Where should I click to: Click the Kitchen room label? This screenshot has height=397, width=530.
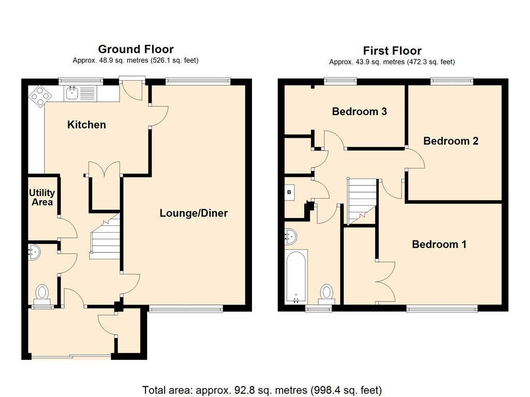coord(86,125)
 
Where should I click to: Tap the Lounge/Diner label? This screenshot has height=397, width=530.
coord(194,213)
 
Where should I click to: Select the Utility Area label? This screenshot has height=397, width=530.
coord(42,197)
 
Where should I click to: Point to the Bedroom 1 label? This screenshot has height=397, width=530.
coord(439,244)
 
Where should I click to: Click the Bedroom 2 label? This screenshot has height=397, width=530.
coord(451,141)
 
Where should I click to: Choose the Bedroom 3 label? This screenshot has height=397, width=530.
coord(359,112)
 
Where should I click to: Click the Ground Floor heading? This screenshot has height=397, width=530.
coord(136,49)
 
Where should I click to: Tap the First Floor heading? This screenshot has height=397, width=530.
coord(392,51)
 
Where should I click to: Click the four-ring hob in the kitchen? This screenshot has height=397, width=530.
coord(40,96)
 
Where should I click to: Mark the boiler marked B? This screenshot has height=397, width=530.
coord(289,192)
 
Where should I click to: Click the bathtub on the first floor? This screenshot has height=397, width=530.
coord(296,276)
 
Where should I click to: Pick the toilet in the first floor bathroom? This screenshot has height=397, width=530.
coord(327,294)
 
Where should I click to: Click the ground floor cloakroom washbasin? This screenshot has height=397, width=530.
coord(34,252)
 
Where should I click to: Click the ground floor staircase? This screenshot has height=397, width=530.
coord(105,236)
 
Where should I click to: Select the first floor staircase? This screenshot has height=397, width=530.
coord(362,202)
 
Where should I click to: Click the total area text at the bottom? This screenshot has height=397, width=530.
coord(262,390)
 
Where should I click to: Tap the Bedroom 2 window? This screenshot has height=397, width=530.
coord(451,81)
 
